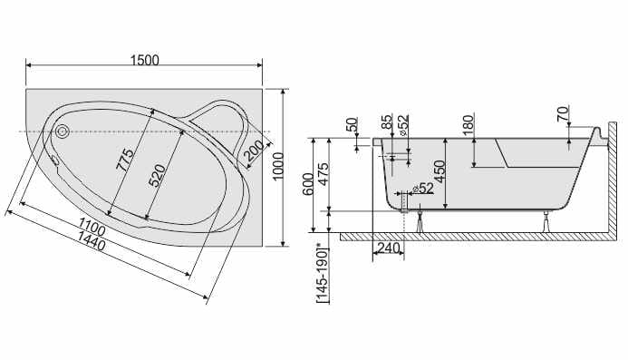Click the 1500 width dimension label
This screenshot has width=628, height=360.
coord(145,60)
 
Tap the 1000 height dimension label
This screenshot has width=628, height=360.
coord(277,166)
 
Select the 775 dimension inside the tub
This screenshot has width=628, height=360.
coord(125,160)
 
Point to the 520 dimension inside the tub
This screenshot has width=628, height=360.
coord(157,176)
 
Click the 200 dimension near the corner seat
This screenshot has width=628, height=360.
coord(254,151)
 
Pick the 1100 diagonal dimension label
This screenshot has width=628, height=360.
coord(92,226)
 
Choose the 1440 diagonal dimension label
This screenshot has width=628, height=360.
coord(91,240)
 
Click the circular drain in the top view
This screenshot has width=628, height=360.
coord(63,131)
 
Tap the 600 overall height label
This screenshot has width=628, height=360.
coord(308,184)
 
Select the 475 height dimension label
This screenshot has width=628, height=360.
coord(323,173)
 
